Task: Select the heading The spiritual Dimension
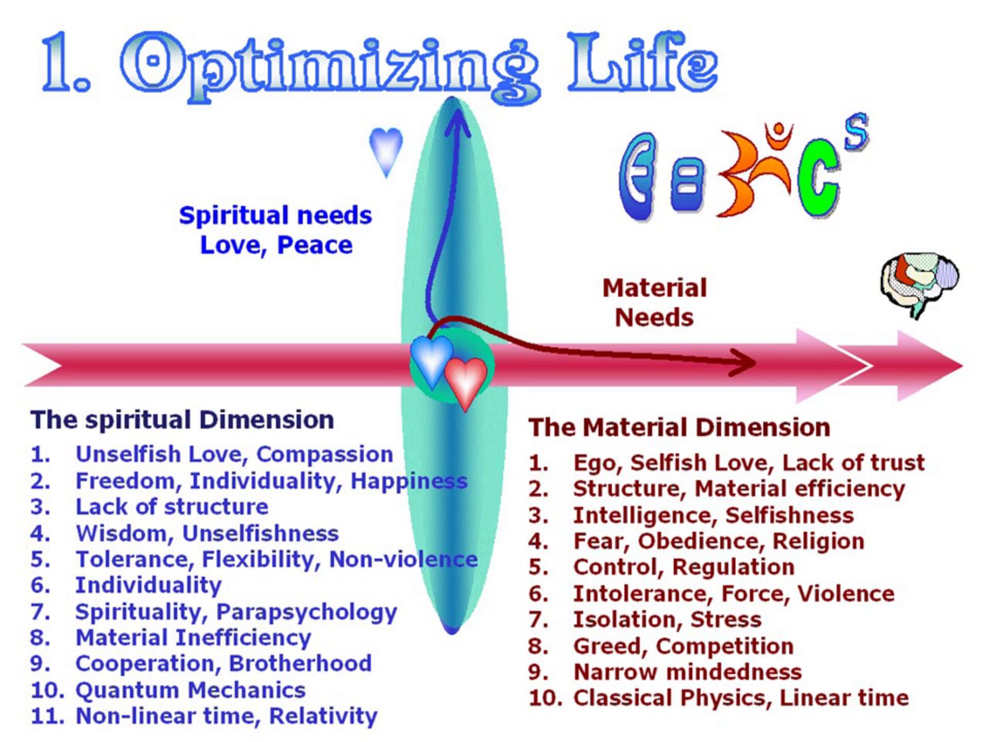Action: (x=182, y=420)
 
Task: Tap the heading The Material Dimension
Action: (x=679, y=427)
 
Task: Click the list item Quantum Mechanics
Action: (x=190, y=690)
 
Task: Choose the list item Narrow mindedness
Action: (x=687, y=672)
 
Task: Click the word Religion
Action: (x=818, y=541)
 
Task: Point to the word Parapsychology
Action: (x=307, y=612)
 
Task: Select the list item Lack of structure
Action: (x=172, y=507)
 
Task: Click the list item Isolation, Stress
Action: (x=667, y=620)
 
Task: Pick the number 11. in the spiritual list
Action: (x=47, y=716)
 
